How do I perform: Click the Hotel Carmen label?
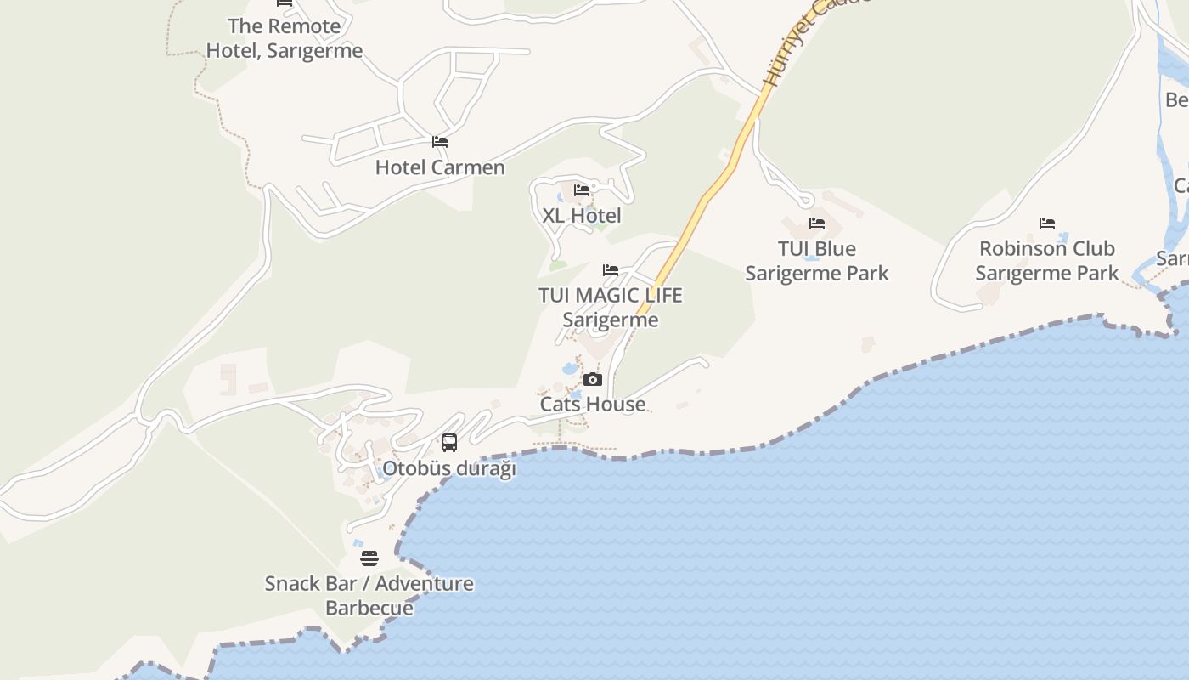tap(440, 167)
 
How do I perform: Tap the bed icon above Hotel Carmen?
tap(440, 142)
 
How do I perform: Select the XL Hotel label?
tap(582, 216)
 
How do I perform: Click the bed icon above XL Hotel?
tap(582, 190)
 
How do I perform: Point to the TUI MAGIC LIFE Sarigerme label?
tap(610, 307)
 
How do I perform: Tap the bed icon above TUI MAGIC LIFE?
tap(611, 270)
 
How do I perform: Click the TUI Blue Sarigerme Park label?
tap(817, 261)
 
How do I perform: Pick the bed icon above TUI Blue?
tap(817, 224)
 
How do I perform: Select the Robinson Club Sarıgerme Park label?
tap(1047, 261)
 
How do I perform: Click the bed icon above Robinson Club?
tap(1047, 224)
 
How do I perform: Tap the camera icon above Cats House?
tap(593, 379)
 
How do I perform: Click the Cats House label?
tap(593, 404)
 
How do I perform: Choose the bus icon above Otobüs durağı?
tap(449, 443)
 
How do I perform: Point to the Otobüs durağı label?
tap(449, 468)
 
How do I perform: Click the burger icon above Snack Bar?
tap(369, 558)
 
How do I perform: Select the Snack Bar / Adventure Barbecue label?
tap(369, 595)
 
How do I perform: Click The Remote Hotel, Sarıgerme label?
tap(285, 38)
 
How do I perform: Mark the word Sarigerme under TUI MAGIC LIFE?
tap(610, 320)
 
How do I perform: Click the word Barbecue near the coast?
tap(369, 608)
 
